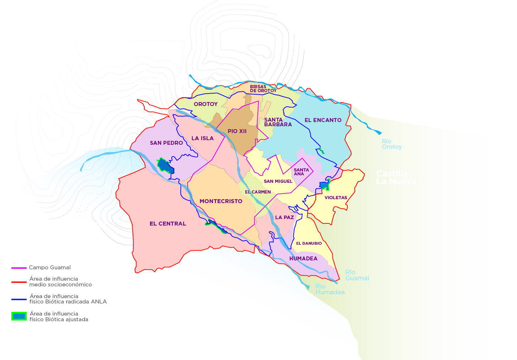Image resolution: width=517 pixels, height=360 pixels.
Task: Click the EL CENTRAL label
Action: [168, 224]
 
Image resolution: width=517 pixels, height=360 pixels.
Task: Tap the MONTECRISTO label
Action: [221, 201]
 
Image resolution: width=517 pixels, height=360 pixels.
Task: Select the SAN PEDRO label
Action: [166, 143]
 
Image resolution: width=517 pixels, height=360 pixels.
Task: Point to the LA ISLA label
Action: [203, 138]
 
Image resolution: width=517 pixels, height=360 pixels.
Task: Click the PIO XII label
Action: [237, 131]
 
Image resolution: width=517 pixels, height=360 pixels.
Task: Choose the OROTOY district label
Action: [206, 104]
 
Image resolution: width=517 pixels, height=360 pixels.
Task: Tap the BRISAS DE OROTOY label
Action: [263, 89]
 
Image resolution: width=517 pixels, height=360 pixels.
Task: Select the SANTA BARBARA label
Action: [278, 122]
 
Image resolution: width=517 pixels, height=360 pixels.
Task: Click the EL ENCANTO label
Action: [323, 120]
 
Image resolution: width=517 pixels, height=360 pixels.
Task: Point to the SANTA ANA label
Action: [301, 172]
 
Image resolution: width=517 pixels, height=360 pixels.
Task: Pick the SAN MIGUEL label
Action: [278, 181]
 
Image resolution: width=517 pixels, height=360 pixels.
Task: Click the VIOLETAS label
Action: [336, 198]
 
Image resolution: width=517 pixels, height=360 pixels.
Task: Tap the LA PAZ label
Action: [284, 217]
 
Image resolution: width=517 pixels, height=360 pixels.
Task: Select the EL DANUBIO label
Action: [309, 243]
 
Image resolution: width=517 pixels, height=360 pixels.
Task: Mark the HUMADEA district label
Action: [303, 259]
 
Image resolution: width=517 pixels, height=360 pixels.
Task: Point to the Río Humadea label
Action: [330, 289]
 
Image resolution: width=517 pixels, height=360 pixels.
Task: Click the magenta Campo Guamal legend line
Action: [19, 268]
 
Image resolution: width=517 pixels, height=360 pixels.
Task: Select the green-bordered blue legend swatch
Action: [19, 316]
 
